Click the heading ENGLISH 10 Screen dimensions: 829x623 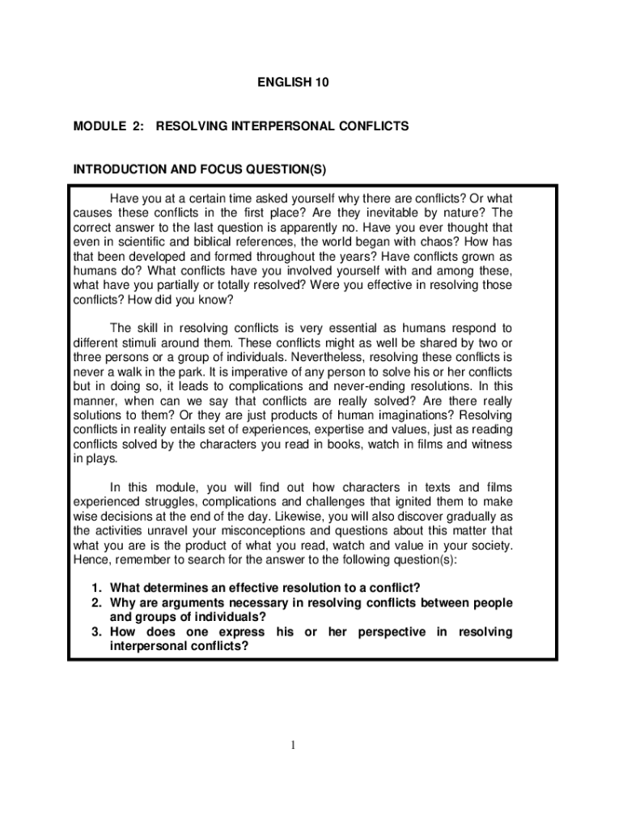click(x=293, y=83)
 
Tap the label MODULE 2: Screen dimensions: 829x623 click(x=101, y=126)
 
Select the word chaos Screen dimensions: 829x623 click(x=425, y=242)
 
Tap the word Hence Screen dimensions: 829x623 click(x=89, y=560)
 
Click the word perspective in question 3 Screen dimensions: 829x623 click(x=387, y=631)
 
